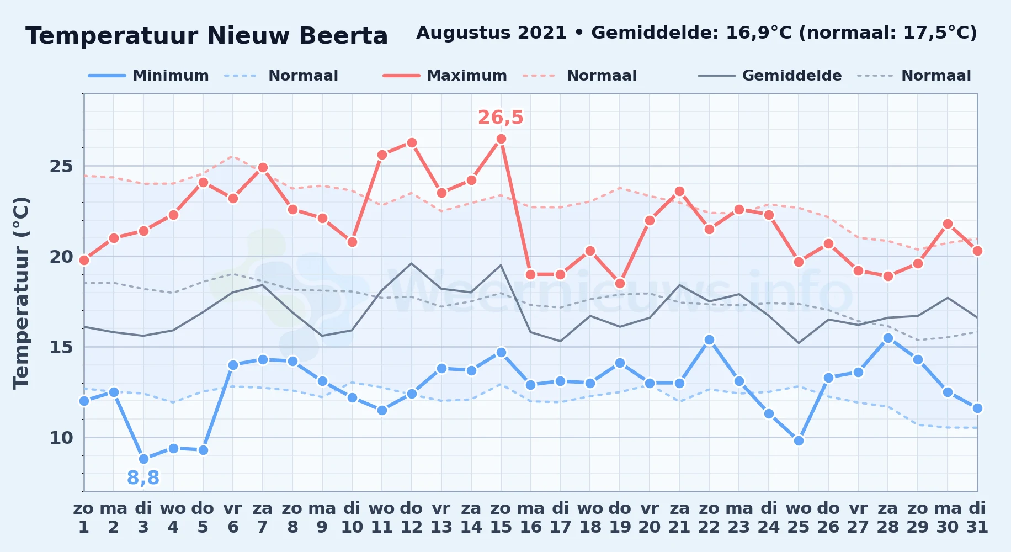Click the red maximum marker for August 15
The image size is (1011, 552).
point(501,139)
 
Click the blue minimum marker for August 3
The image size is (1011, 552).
point(143,459)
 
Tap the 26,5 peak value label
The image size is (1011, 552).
point(501,118)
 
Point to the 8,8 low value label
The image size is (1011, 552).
point(143,478)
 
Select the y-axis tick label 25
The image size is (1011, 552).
point(61,166)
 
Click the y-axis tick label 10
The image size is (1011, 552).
point(61,438)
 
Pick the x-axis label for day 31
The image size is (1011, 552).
point(977,518)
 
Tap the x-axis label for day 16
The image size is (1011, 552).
point(531,518)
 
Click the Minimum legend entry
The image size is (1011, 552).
point(148,76)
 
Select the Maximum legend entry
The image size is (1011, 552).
point(445,76)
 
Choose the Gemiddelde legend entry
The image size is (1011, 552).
point(770,76)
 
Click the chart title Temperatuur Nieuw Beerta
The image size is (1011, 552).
point(207,36)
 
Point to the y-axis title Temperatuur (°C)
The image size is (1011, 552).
point(21,293)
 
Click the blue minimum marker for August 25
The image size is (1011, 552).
point(799,440)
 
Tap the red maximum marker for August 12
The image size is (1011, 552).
point(412,142)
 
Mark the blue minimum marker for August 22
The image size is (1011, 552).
point(709,340)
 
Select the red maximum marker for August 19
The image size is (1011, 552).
point(620,284)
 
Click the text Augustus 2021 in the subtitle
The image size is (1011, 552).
point(491,33)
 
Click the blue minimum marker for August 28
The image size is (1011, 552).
point(888,338)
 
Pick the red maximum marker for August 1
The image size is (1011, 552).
point(84,260)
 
